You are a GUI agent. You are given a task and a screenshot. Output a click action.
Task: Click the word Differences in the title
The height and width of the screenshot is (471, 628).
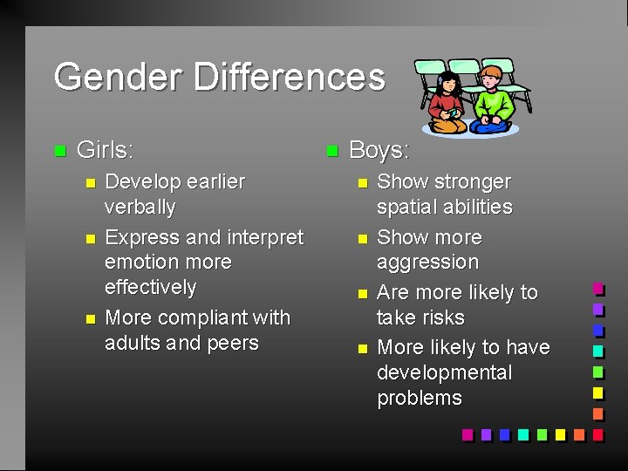pos(290,77)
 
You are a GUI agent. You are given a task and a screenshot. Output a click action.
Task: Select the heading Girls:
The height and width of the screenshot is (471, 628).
pos(106,150)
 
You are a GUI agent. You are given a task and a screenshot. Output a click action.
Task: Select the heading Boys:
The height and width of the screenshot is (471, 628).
pos(379,150)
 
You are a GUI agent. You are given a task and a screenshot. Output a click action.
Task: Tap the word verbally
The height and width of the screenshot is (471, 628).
pos(140,208)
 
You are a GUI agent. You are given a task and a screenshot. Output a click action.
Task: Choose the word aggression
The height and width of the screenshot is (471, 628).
pos(427,263)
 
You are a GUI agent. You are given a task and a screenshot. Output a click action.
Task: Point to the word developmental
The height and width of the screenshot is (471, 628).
pos(444,372)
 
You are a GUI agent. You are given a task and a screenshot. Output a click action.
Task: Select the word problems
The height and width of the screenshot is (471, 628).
pos(420,398)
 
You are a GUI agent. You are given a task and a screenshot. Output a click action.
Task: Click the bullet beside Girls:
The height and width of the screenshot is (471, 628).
pos(59,151)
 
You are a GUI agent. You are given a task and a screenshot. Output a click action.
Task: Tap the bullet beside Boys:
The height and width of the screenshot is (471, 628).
pos(331,151)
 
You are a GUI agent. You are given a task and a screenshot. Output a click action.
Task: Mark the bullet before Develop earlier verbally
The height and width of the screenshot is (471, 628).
pos(86,183)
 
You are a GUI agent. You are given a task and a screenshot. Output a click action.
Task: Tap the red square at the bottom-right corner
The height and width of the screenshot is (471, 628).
pos(598,434)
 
